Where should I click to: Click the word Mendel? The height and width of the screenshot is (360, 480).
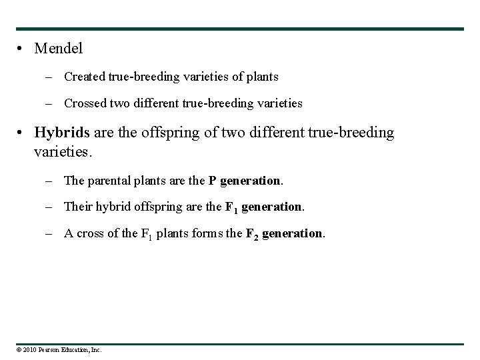[x=58, y=49]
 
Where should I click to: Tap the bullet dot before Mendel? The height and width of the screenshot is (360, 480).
[x=23, y=49]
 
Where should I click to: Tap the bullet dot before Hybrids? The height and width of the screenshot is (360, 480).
[x=23, y=133]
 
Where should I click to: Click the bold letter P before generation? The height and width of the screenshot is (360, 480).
[x=212, y=180]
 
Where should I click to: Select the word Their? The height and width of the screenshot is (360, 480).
[x=77, y=207]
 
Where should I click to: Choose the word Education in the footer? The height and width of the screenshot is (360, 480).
[x=74, y=349]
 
